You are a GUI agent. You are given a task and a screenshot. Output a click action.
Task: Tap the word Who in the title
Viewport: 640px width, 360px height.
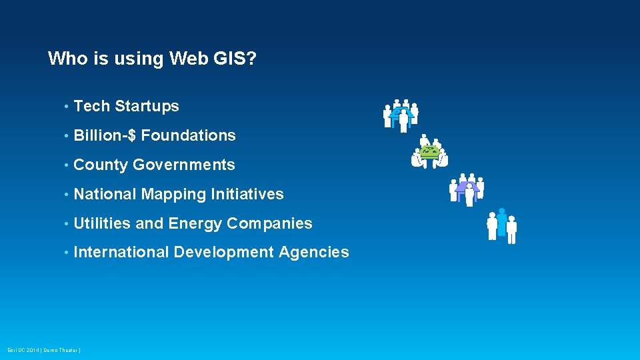(x=66, y=59)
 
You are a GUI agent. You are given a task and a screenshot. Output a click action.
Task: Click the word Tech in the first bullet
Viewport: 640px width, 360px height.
(x=91, y=106)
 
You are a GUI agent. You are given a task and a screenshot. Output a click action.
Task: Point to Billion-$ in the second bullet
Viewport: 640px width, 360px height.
(x=105, y=135)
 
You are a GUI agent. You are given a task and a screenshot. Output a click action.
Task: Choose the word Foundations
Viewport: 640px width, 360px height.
(x=189, y=135)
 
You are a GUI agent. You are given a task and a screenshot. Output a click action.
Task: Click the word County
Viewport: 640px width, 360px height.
(x=101, y=165)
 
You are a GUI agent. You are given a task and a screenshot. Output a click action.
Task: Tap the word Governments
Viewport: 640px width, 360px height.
(x=184, y=165)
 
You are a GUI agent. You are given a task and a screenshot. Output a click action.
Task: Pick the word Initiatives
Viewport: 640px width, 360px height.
(x=247, y=194)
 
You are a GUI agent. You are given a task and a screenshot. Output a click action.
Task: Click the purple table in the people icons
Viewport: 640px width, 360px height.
(x=466, y=187)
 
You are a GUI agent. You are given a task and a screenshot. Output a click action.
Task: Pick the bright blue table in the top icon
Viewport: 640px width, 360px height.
(x=401, y=113)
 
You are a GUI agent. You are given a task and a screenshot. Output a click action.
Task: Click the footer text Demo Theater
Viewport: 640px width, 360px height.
(x=62, y=350)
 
